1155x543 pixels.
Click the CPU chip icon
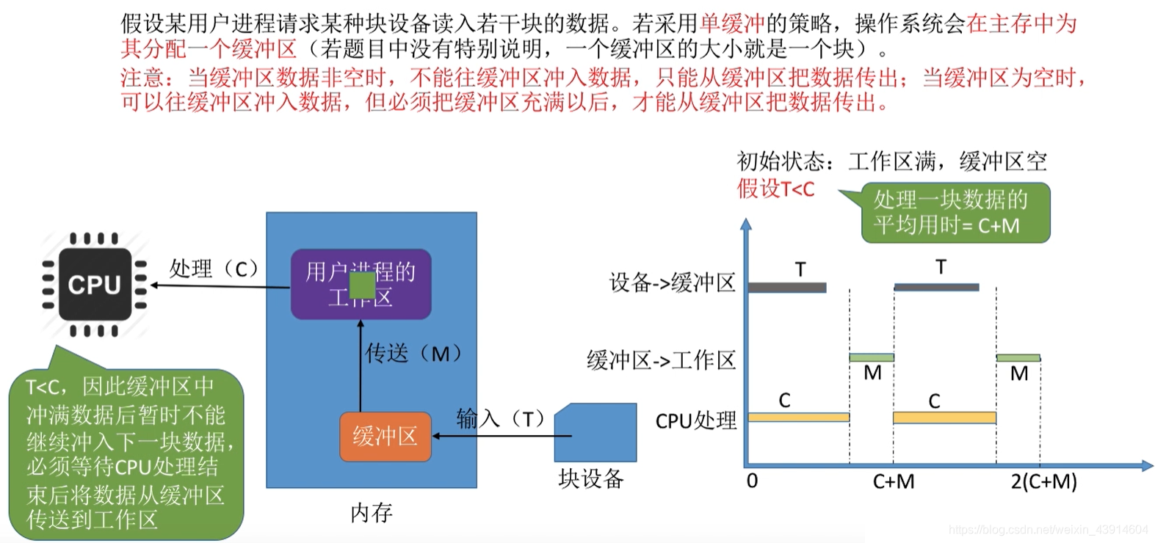click(x=95, y=285)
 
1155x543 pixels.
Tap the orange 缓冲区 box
click(x=385, y=437)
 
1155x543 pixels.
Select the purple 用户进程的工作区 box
click(x=360, y=285)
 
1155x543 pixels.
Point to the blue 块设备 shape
click(x=595, y=433)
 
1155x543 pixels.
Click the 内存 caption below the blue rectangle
click(x=372, y=513)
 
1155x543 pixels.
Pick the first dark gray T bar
click(x=787, y=288)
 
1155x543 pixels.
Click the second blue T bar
click(x=936, y=287)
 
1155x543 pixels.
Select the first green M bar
click(x=872, y=357)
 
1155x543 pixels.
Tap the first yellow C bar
click(x=798, y=418)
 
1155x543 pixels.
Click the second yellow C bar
click(x=944, y=418)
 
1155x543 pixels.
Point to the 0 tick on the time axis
click(x=752, y=481)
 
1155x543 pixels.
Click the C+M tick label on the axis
click(x=894, y=482)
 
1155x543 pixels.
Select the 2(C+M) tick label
click(x=1043, y=482)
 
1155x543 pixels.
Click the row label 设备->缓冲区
click(x=672, y=283)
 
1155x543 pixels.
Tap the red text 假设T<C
click(x=776, y=189)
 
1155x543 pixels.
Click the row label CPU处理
click(x=696, y=421)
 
